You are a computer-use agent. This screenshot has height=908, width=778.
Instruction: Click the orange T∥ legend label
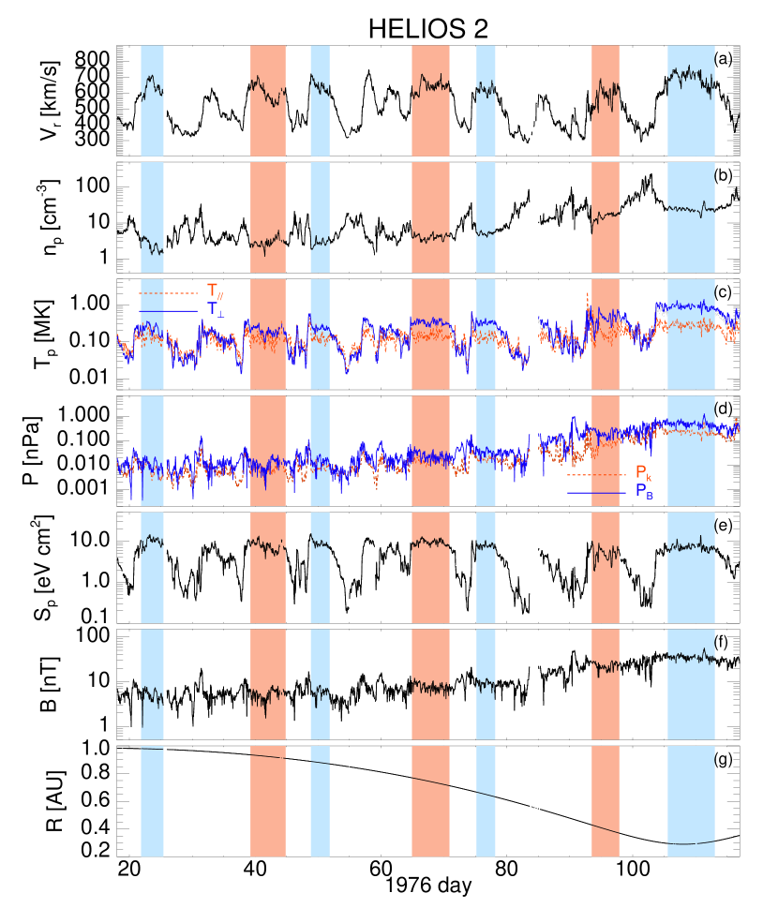[215, 290]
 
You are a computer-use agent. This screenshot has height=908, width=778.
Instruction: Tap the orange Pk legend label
[643, 472]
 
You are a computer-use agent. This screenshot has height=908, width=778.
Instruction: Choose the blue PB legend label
[644, 490]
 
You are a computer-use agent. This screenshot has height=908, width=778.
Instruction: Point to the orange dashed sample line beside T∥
[169, 293]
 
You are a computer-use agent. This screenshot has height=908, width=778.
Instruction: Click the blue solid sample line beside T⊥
[169, 310]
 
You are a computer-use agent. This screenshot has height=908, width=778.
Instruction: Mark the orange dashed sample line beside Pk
[596, 475]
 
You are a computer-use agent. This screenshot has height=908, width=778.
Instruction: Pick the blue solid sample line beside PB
[596, 493]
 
